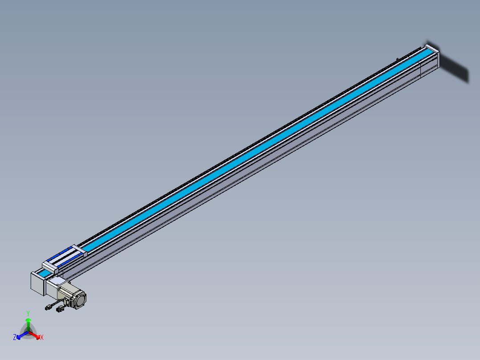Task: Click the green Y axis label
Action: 28,313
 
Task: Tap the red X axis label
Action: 42,337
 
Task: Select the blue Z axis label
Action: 15,337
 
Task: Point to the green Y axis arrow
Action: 28,324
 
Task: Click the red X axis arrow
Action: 34,335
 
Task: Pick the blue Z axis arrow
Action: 22,335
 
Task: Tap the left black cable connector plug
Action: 48,307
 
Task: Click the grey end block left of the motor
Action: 38,283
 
